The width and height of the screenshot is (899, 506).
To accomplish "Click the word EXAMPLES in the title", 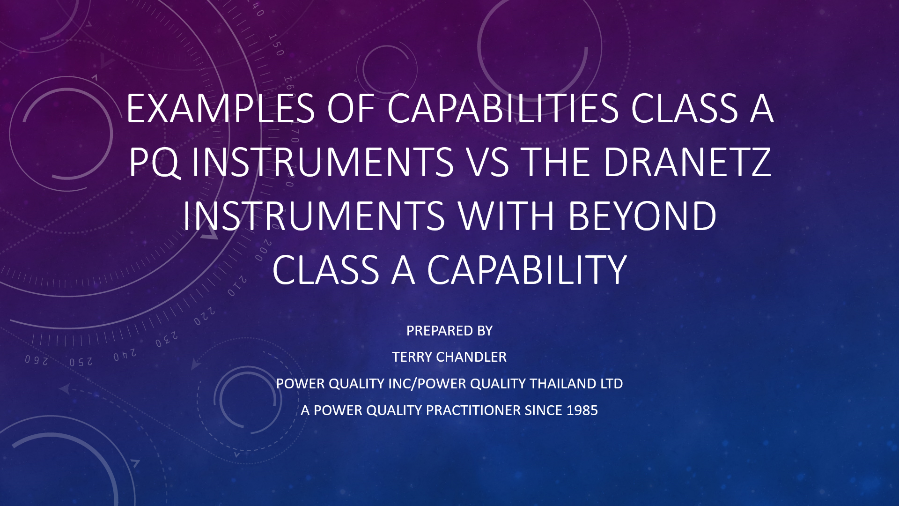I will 220,109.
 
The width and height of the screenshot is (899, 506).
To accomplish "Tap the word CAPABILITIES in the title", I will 503,109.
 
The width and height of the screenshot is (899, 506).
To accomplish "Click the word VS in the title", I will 488,163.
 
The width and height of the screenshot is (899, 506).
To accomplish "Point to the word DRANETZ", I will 687,163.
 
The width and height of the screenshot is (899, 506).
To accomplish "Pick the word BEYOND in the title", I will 642,216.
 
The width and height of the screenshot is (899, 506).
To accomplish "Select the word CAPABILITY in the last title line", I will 527,270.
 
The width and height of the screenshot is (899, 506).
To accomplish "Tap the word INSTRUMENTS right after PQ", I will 323,163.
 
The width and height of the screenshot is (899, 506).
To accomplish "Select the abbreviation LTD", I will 612,384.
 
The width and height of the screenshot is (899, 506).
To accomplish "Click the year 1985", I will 582,410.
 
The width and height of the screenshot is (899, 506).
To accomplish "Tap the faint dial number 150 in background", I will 276,45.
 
